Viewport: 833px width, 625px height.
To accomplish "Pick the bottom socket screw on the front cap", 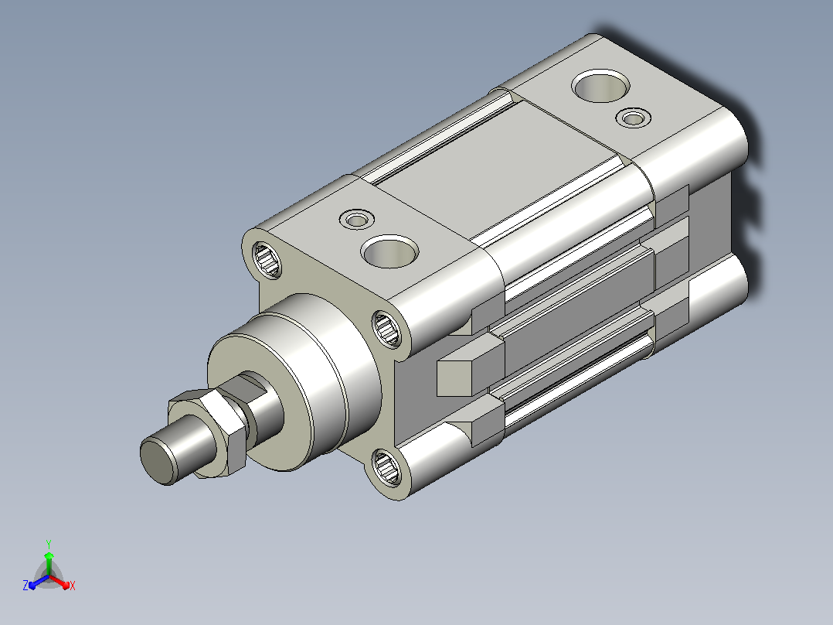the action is click(386, 466).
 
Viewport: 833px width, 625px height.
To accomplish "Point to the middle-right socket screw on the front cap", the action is click(386, 328).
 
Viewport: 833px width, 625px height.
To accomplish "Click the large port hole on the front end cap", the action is click(389, 251).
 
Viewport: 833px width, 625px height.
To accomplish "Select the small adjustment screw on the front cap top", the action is click(356, 219).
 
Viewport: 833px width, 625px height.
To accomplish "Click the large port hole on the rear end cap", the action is click(601, 86).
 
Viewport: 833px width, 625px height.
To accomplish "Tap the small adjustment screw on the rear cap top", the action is click(634, 118).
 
